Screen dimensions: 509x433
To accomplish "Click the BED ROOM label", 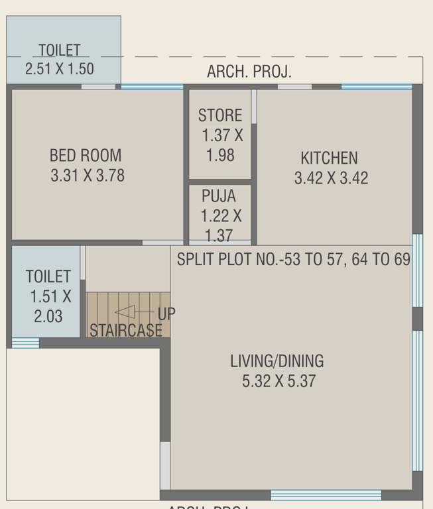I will (86, 156).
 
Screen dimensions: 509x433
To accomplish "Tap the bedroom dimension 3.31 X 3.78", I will (87, 176).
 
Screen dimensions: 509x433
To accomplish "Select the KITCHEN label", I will (329, 158).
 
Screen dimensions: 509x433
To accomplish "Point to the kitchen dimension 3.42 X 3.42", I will (330, 178).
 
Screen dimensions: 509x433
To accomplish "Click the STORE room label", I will (220, 115).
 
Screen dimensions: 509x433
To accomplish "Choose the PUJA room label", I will (217, 196).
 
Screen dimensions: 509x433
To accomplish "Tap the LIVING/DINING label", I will (277, 361).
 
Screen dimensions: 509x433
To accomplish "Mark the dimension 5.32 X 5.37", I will (279, 381).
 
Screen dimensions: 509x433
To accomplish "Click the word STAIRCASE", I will (126, 330).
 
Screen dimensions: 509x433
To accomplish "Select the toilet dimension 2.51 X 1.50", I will (60, 68).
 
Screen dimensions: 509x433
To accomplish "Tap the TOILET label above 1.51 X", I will (48, 276).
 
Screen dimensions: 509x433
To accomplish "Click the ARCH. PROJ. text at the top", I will (249, 72).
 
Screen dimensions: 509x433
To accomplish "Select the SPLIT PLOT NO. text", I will (293, 259).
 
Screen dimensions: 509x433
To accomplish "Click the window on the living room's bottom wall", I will (326, 494).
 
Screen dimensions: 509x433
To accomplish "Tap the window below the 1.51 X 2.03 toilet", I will (25, 343).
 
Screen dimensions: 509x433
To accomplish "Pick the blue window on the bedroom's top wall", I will (152, 86).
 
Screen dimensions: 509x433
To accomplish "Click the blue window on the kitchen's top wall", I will (376, 86).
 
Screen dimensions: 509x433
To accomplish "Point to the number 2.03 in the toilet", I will (48, 316).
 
